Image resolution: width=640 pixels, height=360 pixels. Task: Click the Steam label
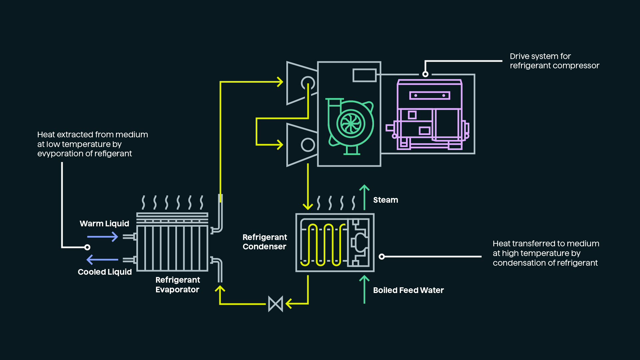pyautogui.click(x=385, y=200)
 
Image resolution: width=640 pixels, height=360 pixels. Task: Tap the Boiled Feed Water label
pyautogui.click(x=408, y=290)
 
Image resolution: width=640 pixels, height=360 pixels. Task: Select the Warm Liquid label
pyautogui.click(x=104, y=224)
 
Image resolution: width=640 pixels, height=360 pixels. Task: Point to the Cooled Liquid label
pyautogui.click(x=105, y=272)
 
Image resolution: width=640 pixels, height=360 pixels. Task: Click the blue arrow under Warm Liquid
pyautogui.click(x=102, y=237)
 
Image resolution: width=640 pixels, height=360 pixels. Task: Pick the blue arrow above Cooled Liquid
pyautogui.click(x=102, y=259)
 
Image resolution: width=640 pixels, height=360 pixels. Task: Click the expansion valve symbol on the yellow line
pyautogui.click(x=276, y=304)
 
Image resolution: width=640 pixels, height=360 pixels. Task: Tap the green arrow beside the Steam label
pyautogui.click(x=364, y=197)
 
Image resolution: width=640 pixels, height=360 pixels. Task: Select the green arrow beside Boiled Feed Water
pyautogui.click(x=364, y=289)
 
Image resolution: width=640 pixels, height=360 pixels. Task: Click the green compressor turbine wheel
pyautogui.click(x=351, y=124)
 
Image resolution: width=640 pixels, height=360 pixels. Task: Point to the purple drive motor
pyautogui.click(x=429, y=115)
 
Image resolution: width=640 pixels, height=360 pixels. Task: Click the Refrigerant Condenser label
pyautogui.click(x=264, y=242)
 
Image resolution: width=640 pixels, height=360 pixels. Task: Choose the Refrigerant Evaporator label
pyautogui.click(x=177, y=285)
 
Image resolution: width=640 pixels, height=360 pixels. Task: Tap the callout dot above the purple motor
pyautogui.click(x=425, y=74)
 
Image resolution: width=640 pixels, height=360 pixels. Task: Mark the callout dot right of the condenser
pyautogui.click(x=382, y=256)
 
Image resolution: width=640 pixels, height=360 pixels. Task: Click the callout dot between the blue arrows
pyautogui.click(x=87, y=247)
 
